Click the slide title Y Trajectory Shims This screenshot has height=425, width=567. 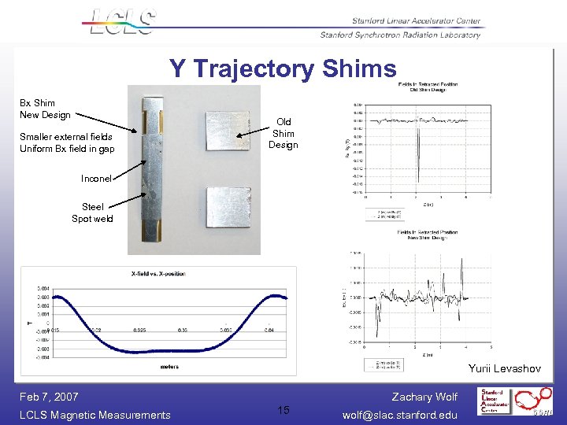(283, 69)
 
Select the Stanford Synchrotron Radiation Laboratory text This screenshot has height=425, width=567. (400, 35)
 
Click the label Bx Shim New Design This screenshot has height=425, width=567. (45, 109)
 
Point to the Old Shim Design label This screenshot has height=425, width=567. (283, 133)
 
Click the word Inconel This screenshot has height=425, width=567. (97, 179)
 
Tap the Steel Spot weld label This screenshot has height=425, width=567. (92, 213)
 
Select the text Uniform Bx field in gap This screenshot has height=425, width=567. (67, 149)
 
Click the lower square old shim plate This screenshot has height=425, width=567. (227, 210)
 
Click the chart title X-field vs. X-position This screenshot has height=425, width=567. (158, 273)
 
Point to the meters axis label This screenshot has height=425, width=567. (169, 365)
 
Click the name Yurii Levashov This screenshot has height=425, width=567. (504, 368)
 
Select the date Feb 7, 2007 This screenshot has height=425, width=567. (50, 397)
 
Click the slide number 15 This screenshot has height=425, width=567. (283, 410)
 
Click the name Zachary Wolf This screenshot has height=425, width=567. (424, 397)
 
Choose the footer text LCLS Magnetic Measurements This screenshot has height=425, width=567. (95, 415)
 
